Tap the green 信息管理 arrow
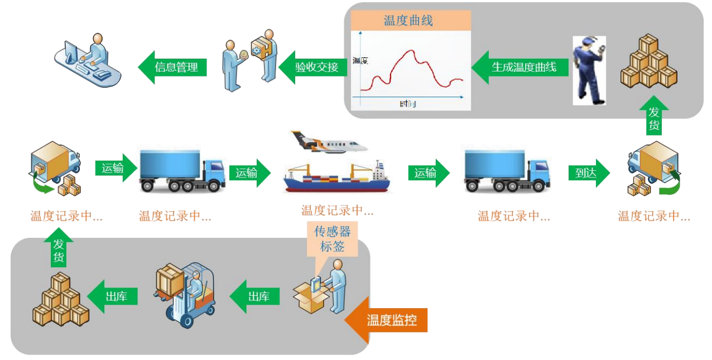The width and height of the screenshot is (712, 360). pyautogui.click(x=173, y=67)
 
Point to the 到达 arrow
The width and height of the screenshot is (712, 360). pyautogui.click(x=586, y=173)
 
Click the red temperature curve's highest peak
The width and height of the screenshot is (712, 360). pyautogui.click(x=412, y=51)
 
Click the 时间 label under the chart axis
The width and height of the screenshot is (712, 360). pyautogui.click(x=408, y=104)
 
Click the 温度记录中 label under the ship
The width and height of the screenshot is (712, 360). pyautogui.click(x=337, y=210)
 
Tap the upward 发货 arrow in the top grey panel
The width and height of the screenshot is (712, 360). pyautogui.click(x=653, y=117)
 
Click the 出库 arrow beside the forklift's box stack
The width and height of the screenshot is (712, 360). pyautogui.click(x=114, y=296)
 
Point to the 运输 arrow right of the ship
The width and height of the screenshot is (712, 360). pyautogui.click(x=427, y=173)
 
